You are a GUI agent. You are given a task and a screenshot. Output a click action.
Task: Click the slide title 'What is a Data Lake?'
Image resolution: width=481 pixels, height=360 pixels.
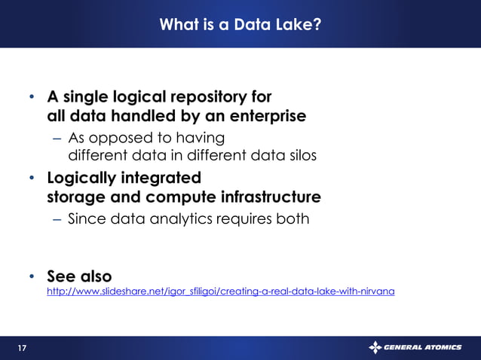click(240, 26)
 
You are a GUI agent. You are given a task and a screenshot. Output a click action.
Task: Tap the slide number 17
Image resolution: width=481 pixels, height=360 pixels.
click(22, 348)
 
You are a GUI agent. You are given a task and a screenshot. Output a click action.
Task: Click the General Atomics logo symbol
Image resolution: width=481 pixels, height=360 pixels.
click(375, 347)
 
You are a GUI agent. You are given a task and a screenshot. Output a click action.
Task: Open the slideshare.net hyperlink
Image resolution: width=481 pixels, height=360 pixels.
click(220, 291)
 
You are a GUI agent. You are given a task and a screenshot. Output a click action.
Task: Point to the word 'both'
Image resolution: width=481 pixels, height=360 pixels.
click(293, 219)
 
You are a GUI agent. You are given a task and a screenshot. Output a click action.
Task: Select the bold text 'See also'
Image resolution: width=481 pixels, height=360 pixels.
click(79, 275)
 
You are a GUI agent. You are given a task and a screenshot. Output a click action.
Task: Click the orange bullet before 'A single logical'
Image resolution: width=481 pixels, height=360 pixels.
click(32, 98)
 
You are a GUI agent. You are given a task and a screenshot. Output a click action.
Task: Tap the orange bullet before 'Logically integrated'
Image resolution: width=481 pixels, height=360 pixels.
click(32, 178)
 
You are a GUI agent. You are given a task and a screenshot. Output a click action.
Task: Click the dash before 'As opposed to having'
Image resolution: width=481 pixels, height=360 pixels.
click(58, 139)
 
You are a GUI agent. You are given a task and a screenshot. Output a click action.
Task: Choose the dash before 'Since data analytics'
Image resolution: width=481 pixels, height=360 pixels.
click(58, 220)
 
